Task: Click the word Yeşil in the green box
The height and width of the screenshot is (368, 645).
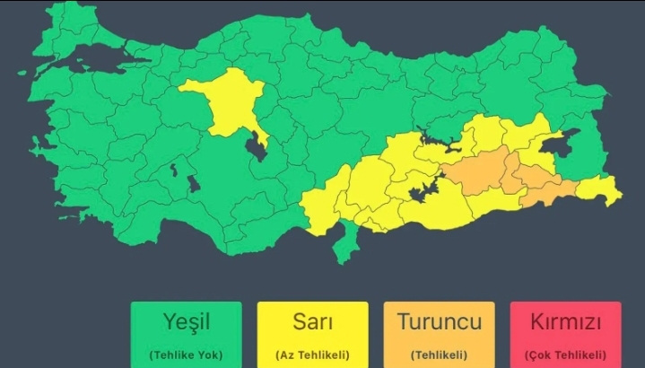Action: click(x=186, y=321)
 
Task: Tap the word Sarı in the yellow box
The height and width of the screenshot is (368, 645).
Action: click(x=312, y=321)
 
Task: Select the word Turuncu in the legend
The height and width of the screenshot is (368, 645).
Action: click(x=439, y=321)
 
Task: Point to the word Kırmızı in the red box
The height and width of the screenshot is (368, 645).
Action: click(x=565, y=321)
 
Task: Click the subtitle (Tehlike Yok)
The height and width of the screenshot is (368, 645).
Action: click(x=186, y=353)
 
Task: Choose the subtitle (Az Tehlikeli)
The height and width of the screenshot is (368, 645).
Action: click(x=312, y=353)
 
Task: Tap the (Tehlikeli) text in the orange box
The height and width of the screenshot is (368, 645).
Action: click(x=439, y=353)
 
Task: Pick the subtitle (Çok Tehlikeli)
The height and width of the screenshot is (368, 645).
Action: click(x=565, y=353)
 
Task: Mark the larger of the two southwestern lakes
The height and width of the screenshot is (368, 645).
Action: click(x=192, y=184)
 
